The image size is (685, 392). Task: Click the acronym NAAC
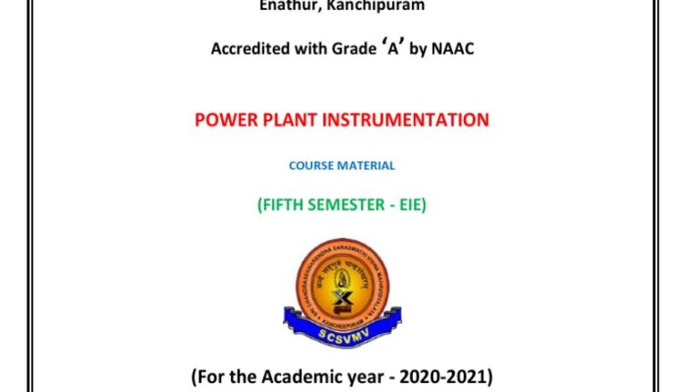[454, 49]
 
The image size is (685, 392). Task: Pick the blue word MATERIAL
[369, 166]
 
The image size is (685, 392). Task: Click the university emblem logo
[342, 283]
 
